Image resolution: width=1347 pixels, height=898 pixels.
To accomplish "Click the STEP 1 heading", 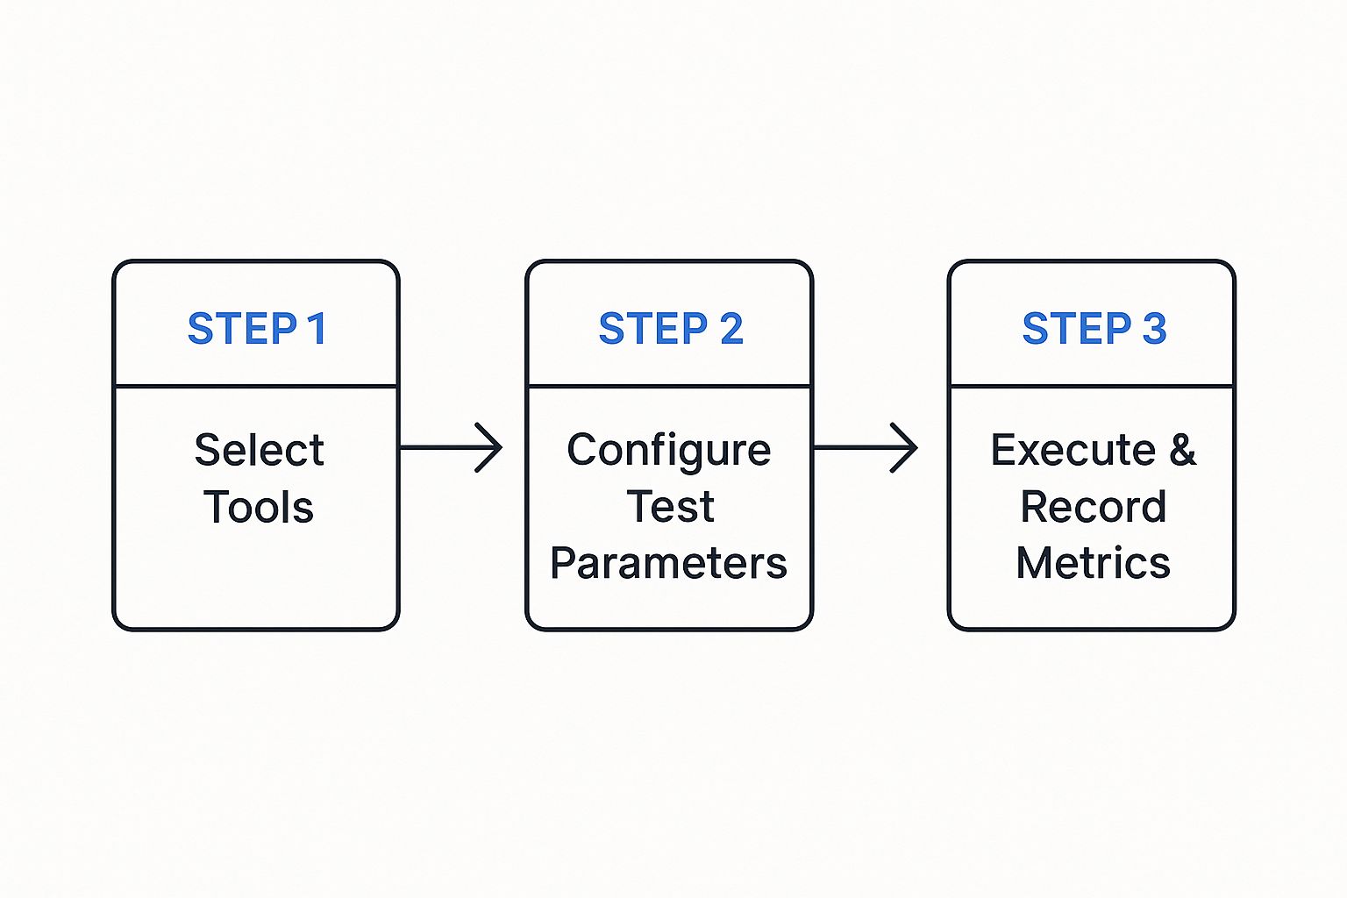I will [x=257, y=329].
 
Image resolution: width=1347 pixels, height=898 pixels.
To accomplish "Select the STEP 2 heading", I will [x=671, y=329].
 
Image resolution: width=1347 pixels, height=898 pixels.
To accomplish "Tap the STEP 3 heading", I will [x=1094, y=329].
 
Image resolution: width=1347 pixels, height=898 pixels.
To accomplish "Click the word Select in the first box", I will [x=259, y=451].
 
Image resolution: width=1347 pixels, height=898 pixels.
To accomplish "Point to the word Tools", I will [x=259, y=507].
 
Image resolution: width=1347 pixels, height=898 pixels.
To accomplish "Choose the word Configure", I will [x=668, y=451].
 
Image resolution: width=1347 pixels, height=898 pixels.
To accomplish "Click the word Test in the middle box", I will [x=670, y=507].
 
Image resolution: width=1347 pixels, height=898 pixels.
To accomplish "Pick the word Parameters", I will [x=668, y=563].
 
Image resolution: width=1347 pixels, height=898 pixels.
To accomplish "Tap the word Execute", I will [x=1073, y=451].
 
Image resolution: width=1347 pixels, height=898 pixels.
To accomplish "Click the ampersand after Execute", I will [x=1182, y=451].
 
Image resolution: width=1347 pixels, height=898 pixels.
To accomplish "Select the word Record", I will [x=1093, y=507].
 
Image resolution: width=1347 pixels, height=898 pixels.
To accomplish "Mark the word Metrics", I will [x=1093, y=563].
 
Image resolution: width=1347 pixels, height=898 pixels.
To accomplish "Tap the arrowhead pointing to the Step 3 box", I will [x=906, y=447].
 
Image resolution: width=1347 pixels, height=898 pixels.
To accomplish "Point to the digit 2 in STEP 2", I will [x=731, y=329].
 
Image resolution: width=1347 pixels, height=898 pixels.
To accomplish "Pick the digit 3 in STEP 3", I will [x=1154, y=329].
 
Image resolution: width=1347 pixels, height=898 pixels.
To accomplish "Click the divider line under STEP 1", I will [x=256, y=385].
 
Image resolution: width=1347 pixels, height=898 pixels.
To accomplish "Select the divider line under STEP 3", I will [x=1092, y=385].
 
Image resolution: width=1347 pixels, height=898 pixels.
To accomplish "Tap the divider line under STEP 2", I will [x=669, y=385].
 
